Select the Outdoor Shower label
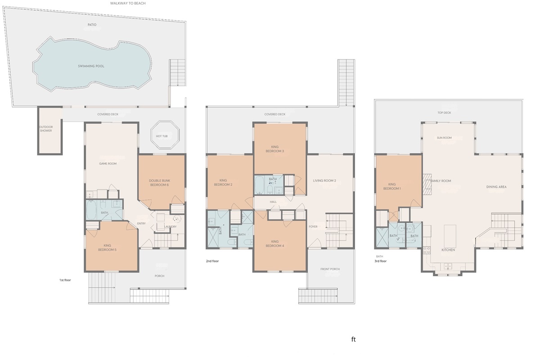tap(45, 129)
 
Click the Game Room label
tap(108, 163)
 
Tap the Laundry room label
tap(171, 227)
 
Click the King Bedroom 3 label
tap(277, 149)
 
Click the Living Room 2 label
tap(324, 181)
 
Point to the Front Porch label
tap(330, 269)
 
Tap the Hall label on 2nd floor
tap(273, 202)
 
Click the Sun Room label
tap(444, 138)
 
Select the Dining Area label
tap(496, 187)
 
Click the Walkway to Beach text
tap(128, 3)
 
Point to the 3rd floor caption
tap(380, 261)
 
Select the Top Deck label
tap(444, 112)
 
